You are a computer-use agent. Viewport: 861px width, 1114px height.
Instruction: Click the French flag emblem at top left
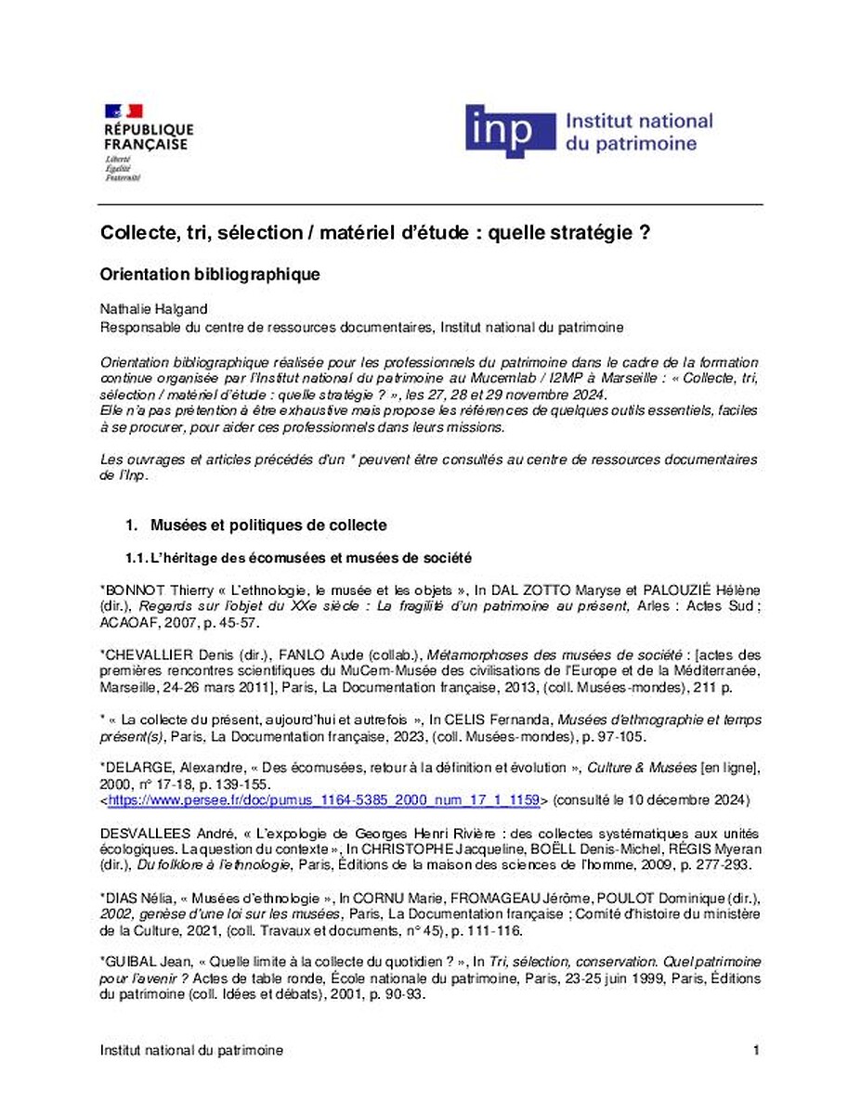click(124, 111)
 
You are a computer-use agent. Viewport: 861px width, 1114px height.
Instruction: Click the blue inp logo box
click(507, 131)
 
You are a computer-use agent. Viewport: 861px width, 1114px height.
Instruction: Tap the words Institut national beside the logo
click(639, 121)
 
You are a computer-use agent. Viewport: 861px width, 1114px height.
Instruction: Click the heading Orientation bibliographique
click(210, 275)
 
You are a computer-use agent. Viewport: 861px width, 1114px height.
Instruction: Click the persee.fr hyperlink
click(324, 799)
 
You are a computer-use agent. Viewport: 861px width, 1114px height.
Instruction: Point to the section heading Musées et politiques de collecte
click(268, 525)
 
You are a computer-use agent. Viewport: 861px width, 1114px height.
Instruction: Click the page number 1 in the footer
click(757, 1050)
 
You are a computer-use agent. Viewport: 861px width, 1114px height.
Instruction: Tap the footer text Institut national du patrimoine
click(191, 1050)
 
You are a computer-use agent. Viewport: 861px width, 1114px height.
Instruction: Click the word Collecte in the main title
click(136, 234)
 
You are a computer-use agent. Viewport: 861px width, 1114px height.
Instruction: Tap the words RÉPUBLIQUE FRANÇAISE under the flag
click(148, 136)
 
